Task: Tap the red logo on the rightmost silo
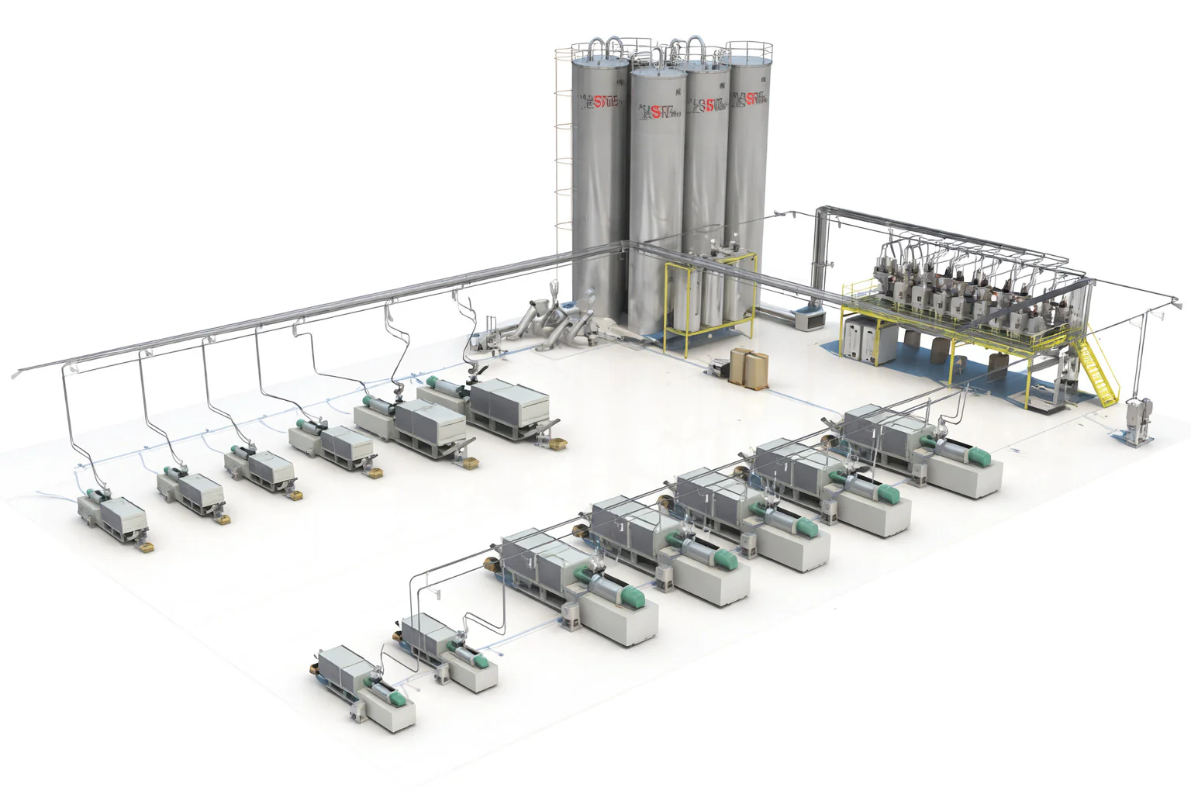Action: click(751, 98)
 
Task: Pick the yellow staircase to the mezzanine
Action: click(1100, 364)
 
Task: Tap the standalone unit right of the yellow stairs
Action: click(1137, 419)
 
